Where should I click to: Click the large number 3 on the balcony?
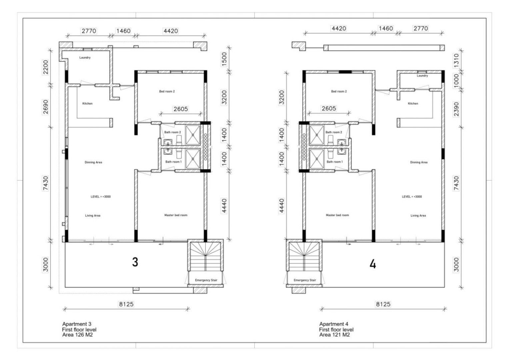tap(135, 262)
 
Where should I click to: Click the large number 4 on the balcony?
tap(373, 264)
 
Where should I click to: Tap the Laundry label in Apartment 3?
tap(85, 58)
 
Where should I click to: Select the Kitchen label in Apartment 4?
tap(413, 104)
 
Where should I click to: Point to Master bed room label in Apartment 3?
tap(176, 215)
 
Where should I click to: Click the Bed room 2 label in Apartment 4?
tap(339, 91)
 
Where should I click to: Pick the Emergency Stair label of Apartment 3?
tap(206, 280)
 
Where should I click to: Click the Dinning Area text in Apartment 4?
tap(419, 162)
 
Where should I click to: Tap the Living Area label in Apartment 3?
tap(93, 216)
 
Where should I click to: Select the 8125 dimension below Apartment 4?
tap(383, 304)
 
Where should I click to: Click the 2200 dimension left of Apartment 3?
tap(46, 67)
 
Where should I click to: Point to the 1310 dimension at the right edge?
tap(456, 60)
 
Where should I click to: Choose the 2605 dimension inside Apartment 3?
tap(180, 109)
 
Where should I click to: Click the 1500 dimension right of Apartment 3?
tap(224, 59)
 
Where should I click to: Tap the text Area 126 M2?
tap(77, 335)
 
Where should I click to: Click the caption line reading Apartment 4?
tap(334, 324)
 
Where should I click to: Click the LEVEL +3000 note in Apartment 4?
tap(412, 197)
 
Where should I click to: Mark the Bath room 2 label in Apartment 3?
tap(173, 132)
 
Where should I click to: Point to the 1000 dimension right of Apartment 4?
tap(456, 80)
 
